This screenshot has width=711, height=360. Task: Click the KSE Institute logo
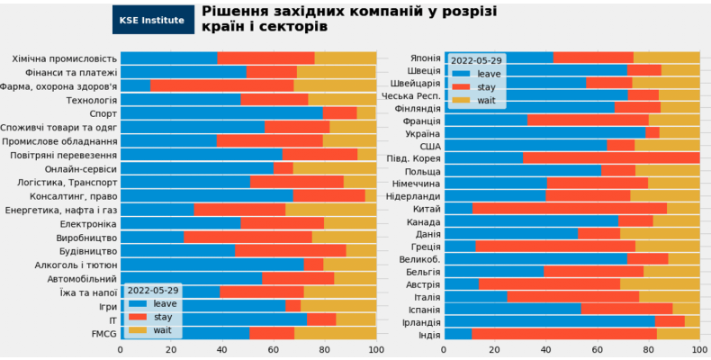[x=152, y=19]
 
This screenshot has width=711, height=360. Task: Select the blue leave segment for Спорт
[x=221, y=112]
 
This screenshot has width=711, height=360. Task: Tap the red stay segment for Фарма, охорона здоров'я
[x=222, y=85]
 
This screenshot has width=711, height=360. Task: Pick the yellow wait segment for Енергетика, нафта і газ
[x=330, y=209]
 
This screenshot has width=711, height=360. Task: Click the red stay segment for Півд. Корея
[x=611, y=157]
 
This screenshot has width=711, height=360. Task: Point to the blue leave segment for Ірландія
[x=549, y=320]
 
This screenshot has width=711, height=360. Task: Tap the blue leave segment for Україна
[x=544, y=132]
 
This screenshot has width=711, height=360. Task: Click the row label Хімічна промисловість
[x=65, y=58]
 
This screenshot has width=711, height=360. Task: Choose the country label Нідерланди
[x=413, y=195]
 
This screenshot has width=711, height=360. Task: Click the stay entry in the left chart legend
[x=162, y=317]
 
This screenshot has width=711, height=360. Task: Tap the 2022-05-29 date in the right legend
[x=477, y=60]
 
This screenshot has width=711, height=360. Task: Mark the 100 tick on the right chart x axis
[x=698, y=350]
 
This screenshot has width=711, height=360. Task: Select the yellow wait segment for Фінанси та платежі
[x=336, y=72]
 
